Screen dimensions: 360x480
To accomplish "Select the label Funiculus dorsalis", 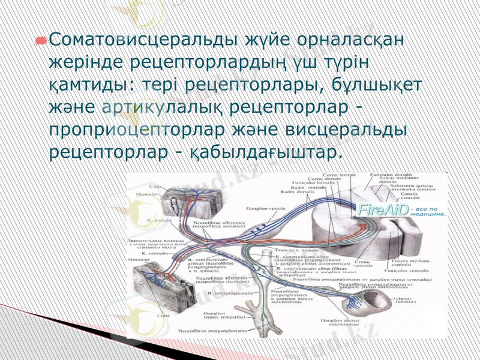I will (391, 175).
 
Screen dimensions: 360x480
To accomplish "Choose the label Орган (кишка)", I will (420, 302).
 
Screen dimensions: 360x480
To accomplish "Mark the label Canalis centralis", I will (410, 196).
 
